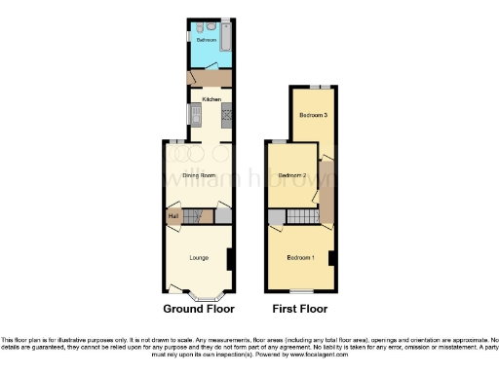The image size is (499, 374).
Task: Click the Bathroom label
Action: [x=206, y=41]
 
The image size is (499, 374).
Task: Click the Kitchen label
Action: [x=211, y=99]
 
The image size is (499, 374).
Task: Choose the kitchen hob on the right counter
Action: [x=228, y=117]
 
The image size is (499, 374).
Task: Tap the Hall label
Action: [x=173, y=215]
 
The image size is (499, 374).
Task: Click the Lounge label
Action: [x=199, y=257]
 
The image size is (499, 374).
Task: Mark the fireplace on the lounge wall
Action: [x=229, y=259]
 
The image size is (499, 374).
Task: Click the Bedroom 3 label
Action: [x=312, y=115]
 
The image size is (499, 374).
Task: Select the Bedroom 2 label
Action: [x=291, y=175]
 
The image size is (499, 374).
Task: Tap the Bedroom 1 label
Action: [x=300, y=257]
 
